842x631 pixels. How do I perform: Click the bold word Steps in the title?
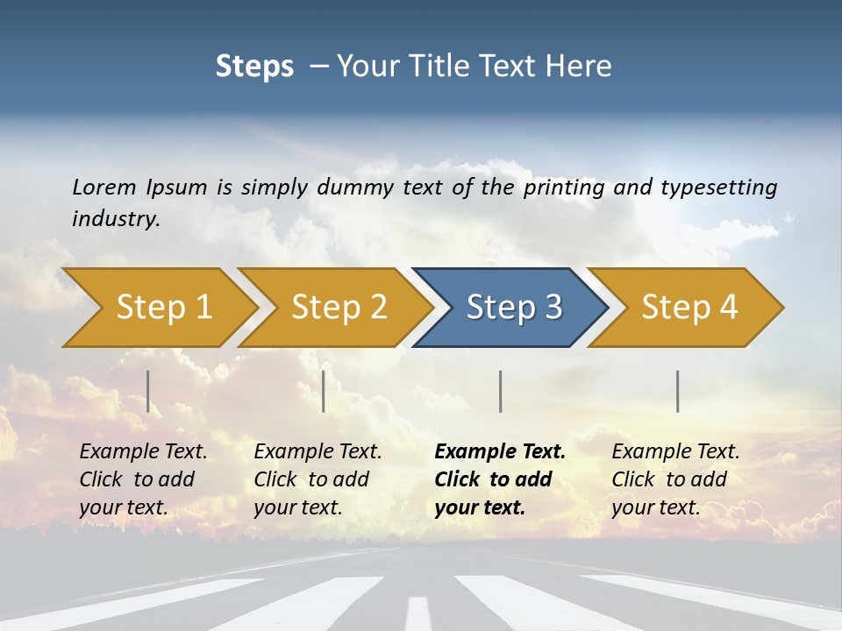254,67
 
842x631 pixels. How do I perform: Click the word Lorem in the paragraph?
104,187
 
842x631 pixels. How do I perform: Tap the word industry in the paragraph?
116,218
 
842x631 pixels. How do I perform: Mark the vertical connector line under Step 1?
148,391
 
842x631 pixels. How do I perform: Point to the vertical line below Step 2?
324,391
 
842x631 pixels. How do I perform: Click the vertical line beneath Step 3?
501,391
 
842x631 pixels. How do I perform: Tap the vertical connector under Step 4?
678,391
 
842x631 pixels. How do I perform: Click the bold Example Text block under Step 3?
500,479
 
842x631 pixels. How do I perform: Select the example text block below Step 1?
143,479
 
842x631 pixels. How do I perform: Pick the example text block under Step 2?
318,479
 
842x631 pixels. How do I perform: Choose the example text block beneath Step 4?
675,479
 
